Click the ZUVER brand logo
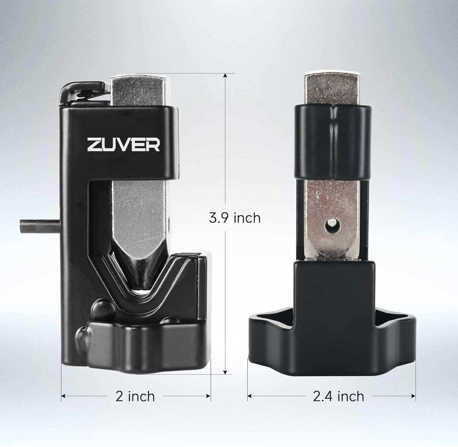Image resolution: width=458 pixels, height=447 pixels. point(124,144)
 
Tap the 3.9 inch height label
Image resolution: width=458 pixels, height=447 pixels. point(234,218)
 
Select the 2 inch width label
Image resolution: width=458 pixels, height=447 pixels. point(135,396)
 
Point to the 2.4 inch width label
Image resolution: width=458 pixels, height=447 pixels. point(339,396)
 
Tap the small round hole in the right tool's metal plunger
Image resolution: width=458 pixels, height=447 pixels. point(331,225)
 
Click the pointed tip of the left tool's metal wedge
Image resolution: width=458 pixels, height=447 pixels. point(141,290)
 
